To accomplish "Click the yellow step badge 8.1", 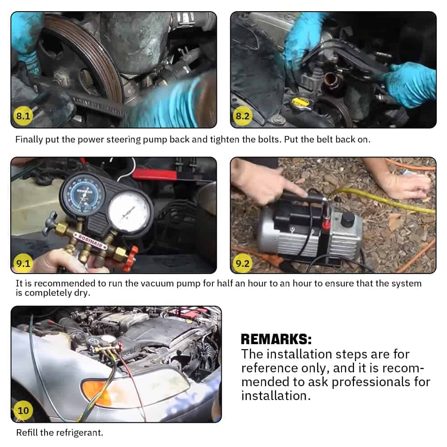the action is (23, 116).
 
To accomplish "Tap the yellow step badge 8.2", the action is (243, 116).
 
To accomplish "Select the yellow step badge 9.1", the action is (23, 263).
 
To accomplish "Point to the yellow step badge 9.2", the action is (243, 263).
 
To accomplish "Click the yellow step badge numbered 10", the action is (23, 410).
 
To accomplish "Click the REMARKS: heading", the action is (276, 339).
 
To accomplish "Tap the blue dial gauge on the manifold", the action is (83, 194).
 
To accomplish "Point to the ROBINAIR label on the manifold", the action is (90, 240).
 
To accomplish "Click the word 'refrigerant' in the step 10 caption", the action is (79, 432).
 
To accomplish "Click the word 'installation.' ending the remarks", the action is (276, 396).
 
